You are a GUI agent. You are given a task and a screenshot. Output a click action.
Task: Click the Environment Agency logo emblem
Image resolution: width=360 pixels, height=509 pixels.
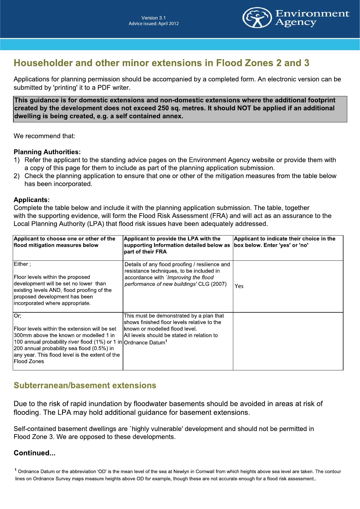tap(257, 18)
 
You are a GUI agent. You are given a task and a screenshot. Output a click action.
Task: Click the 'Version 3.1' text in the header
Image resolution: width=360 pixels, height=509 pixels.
tap(153, 18)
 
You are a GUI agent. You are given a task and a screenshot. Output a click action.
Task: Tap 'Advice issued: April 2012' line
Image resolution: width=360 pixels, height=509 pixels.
tap(153, 23)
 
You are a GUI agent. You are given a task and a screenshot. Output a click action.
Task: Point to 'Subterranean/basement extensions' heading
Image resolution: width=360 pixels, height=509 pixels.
tap(85, 385)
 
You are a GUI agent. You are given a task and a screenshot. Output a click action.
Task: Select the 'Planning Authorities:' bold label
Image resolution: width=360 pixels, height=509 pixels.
tap(47, 152)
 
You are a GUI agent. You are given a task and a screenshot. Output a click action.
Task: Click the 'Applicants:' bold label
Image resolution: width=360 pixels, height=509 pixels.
tap(32, 200)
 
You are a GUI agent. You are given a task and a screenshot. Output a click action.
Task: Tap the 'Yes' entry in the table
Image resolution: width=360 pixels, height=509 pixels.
tap(239, 286)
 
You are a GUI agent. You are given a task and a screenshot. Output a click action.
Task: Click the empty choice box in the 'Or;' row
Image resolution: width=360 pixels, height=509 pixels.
tap(288, 341)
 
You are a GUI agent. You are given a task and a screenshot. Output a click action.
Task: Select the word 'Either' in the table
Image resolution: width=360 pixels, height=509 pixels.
tap(21, 264)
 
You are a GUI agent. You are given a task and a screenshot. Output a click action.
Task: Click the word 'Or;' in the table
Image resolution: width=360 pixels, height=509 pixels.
tap(17, 316)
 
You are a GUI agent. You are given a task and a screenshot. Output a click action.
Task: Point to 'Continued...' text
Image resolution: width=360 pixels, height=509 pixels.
tap(34, 453)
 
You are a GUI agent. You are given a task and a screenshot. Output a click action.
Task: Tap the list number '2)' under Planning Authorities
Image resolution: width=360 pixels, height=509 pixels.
tap(17, 176)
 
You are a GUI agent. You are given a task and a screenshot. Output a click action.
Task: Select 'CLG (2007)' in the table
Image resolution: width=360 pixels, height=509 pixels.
tap(212, 284)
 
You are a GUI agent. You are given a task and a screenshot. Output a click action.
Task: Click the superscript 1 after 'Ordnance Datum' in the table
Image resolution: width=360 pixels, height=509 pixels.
tap(166, 341)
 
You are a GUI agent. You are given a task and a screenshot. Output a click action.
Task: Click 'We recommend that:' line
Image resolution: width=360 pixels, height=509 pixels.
tap(44, 136)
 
